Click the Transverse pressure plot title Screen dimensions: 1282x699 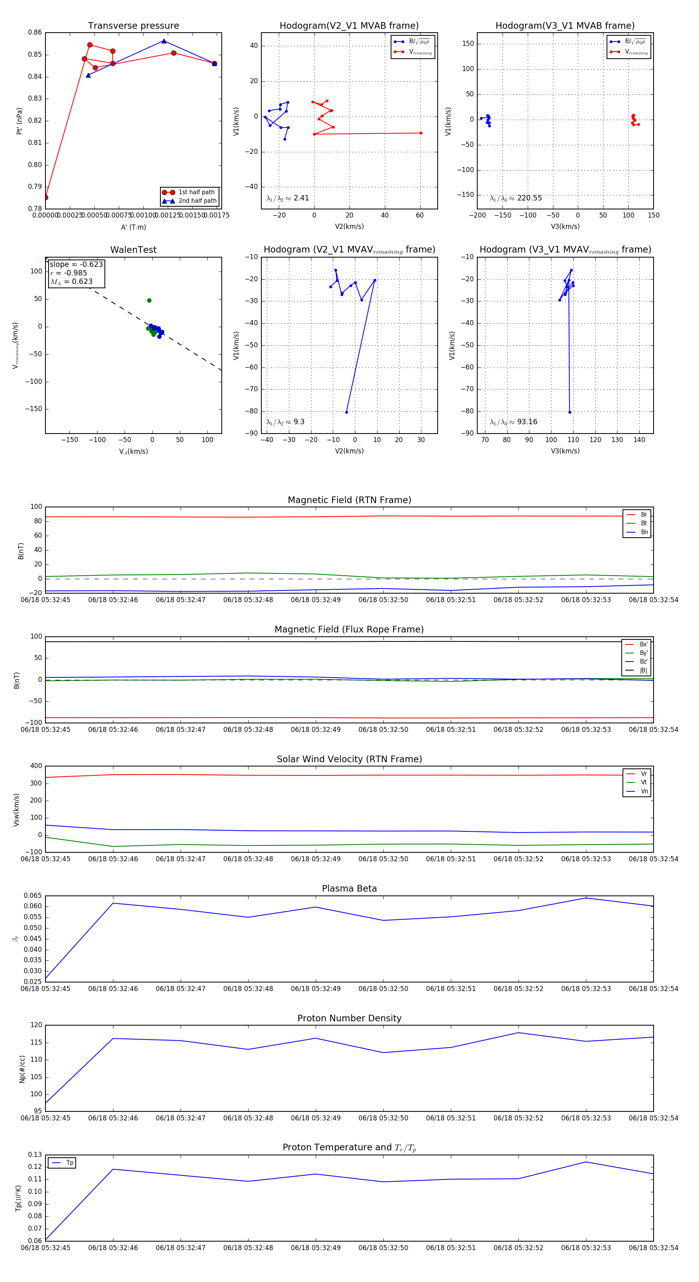tap(133, 26)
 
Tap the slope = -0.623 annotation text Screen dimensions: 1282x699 tap(76, 264)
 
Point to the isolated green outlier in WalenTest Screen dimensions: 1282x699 tap(149, 301)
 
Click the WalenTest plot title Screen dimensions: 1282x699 tap(133, 250)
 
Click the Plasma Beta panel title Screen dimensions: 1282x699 tap(349, 889)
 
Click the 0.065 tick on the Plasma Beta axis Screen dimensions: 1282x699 tap(33, 896)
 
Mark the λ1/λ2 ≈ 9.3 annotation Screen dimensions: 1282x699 tap(285, 422)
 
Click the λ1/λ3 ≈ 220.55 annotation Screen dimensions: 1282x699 tap(516, 198)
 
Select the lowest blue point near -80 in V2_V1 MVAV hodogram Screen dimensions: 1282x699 tap(347, 412)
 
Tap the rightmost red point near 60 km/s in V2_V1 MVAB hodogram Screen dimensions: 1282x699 tap(421, 133)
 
